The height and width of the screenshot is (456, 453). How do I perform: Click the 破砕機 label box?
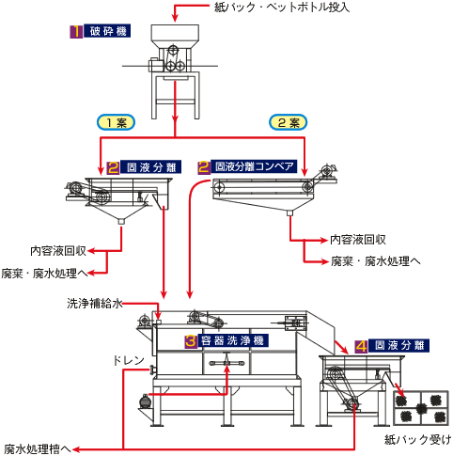click(107, 31)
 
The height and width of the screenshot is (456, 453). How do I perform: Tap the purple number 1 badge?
click(76, 32)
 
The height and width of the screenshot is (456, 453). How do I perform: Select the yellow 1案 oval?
click(117, 122)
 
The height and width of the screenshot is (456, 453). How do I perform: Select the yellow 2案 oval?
click(289, 122)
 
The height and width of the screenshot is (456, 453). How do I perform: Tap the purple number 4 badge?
click(361, 346)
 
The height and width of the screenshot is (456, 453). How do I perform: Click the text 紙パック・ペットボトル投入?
click(282, 7)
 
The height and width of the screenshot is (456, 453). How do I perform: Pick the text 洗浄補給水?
click(95, 304)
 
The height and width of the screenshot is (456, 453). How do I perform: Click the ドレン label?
click(129, 361)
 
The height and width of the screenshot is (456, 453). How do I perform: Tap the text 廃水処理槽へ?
click(38, 449)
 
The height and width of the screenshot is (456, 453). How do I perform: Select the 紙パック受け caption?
click(418, 439)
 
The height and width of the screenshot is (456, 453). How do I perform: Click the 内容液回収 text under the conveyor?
click(358, 240)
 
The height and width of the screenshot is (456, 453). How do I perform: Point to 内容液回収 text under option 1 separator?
click(58, 251)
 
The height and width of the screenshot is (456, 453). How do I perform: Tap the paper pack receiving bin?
click(421, 408)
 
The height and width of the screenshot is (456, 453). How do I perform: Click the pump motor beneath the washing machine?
click(145, 401)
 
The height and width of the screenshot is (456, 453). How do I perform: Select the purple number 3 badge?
click(191, 340)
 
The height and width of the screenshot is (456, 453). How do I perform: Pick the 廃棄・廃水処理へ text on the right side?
click(376, 260)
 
